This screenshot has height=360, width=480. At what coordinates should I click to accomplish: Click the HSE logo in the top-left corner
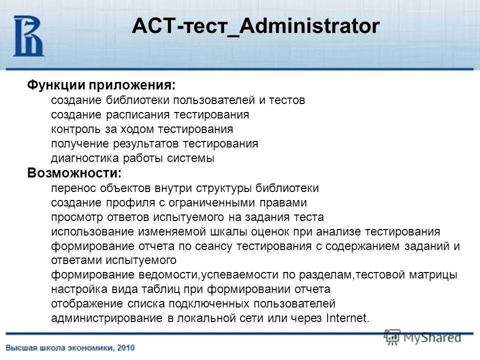point(28,36)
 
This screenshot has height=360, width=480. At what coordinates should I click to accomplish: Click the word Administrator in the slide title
point(310,26)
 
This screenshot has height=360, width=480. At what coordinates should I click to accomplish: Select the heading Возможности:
point(74,173)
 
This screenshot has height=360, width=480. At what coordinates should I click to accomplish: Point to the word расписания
point(134,115)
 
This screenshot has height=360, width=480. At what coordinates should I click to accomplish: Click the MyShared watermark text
point(431,338)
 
